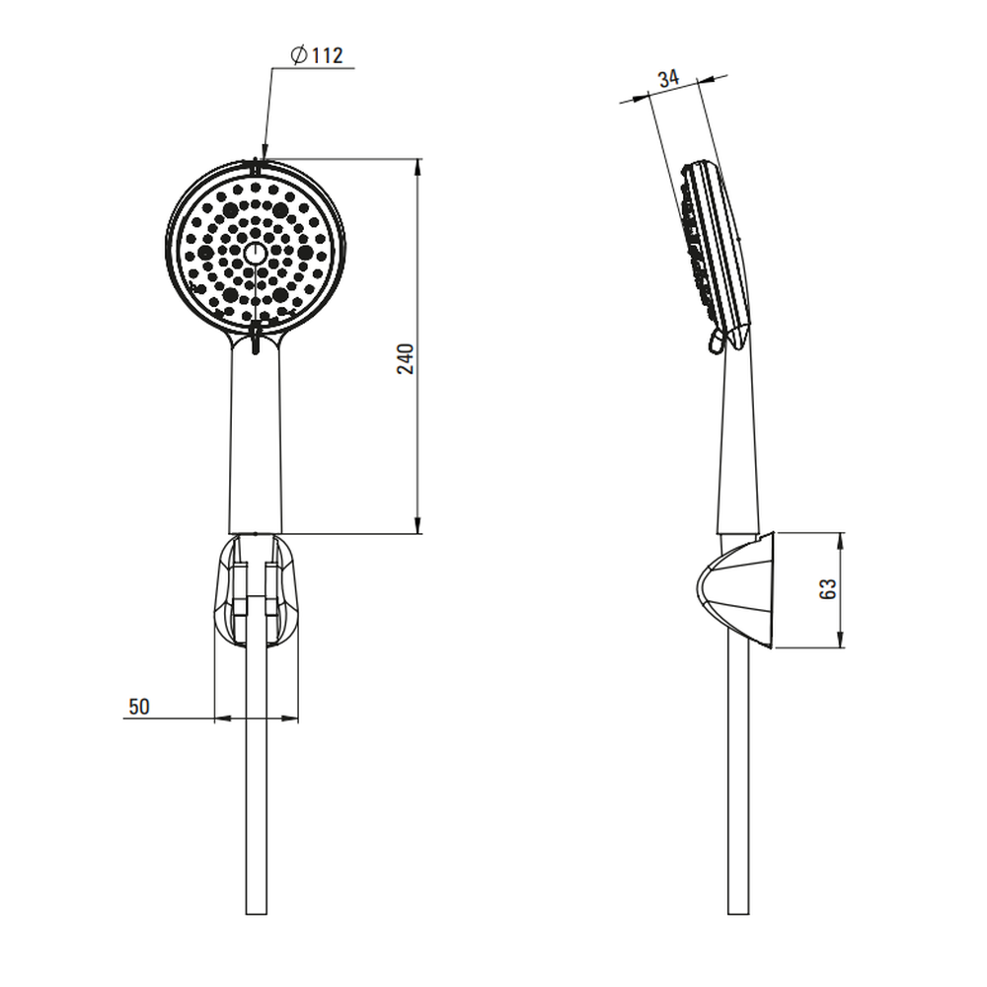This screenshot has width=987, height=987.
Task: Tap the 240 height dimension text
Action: (406, 359)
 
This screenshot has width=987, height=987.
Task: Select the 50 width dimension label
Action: (139, 707)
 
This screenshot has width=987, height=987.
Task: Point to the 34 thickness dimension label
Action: (668, 79)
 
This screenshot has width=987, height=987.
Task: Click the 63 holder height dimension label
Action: (828, 588)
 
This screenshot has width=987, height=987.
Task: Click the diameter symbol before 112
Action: (299, 54)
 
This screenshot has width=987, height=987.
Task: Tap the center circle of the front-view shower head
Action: (255, 254)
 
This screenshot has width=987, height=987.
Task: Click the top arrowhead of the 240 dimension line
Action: (418, 168)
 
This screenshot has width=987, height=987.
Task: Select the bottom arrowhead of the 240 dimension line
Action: (418, 525)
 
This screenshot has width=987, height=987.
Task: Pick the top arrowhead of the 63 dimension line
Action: (841, 541)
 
